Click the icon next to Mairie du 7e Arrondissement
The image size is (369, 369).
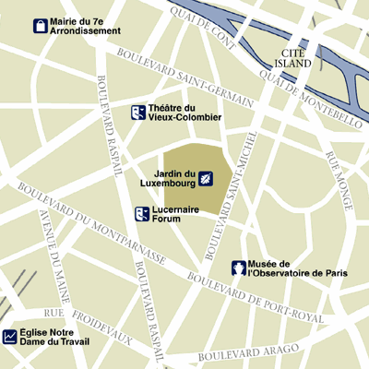pyautogui.click(x=41, y=26)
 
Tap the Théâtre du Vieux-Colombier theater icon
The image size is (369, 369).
pyautogui.click(x=137, y=113)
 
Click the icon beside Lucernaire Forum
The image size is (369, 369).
pyautogui.click(x=142, y=215)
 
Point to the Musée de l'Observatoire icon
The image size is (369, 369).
pyautogui.click(x=238, y=268)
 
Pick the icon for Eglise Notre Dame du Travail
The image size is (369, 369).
pyautogui.click(x=10, y=338)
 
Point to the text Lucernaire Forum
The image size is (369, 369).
pyautogui.click(x=174, y=215)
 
